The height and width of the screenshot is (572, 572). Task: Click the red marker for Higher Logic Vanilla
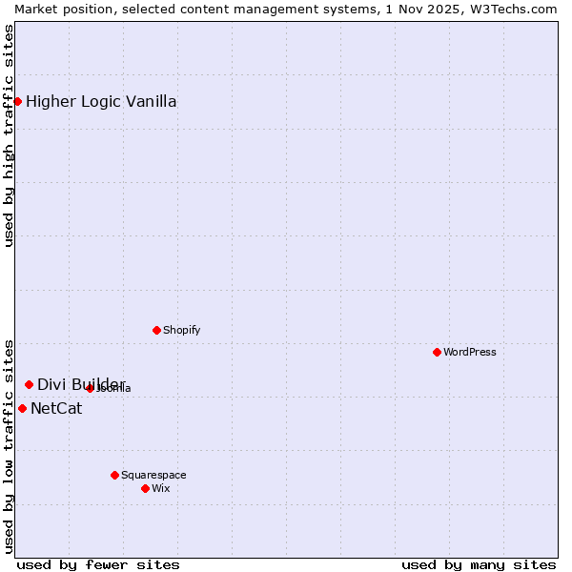[x=17, y=101]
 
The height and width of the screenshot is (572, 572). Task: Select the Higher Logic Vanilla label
[x=101, y=102]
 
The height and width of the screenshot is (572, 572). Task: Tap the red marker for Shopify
[x=156, y=330]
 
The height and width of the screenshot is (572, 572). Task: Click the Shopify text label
[x=181, y=330]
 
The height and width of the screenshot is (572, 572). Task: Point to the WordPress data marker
[x=437, y=352]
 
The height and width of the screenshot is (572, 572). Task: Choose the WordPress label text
[x=470, y=352]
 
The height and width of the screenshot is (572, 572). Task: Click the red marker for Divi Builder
[x=29, y=384]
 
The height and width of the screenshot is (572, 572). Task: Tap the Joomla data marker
[x=90, y=388]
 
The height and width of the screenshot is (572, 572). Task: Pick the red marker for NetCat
[x=22, y=408]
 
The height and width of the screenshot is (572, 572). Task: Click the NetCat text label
[x=56, y=409]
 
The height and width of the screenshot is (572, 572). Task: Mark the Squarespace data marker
[x=114, y=475]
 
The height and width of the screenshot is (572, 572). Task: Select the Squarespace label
[x=153, y=475]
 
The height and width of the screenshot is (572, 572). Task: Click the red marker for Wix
[x=145, y=488]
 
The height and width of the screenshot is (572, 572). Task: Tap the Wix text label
[x=161, y=488]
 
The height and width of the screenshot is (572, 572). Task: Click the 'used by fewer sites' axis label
[x=98, y=564]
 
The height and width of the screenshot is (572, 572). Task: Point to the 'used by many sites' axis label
[x=479, y=564]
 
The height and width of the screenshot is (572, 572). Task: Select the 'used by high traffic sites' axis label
[x=9, y=135]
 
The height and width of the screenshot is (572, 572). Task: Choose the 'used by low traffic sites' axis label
[x=9, y=446]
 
